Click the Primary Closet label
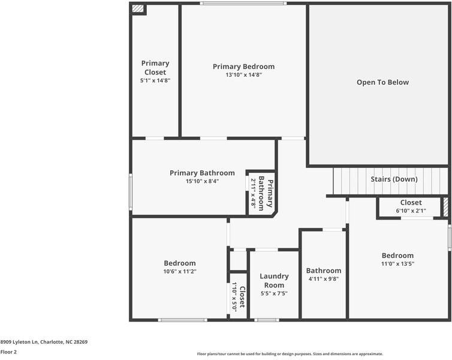pyautogui.click(x=155, y=68)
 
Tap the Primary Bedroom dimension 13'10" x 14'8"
pyautogui.click(x=243, y=75)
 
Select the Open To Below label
pyautogui.click(x=382, y=82)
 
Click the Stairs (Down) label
pyautogui.click(x=394, y=179)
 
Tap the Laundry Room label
pyautogui.click(x=274, y=280)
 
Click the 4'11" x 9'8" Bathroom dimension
pyautogui.click(x=324, y=278)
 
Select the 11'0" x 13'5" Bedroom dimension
pyautogui.click(x=398, y=263)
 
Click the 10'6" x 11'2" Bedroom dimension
pyautogui.click(x=180, y=271)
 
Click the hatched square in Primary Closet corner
pyautogui.click(x=138, y=9)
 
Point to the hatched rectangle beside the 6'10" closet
pyautogui.click(x=445, y=207)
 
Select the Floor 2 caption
pyautogui.click(x=8, y=352)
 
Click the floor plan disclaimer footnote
pyautogui.click(x=290, y=354)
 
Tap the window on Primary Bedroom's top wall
pyautogui.click(x=243, y=4)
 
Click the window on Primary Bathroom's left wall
pyautogui.click(x=131, y=192)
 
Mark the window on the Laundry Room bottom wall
pyautogui.click(x=267, y=320)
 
